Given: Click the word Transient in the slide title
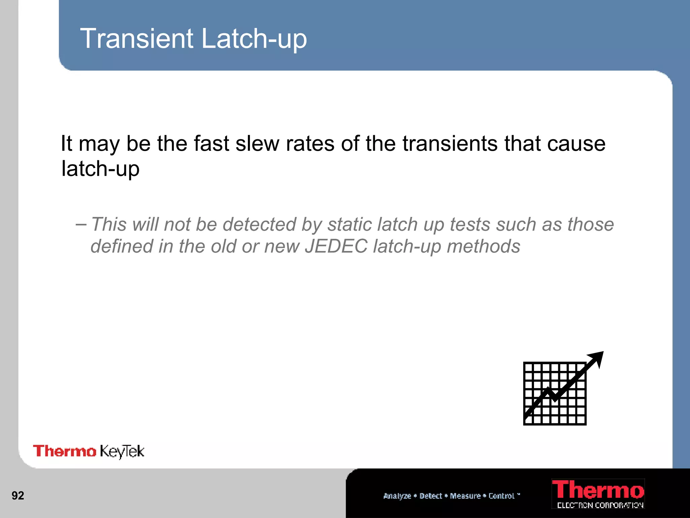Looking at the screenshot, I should point(136,38).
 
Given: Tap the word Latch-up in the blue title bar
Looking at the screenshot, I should point(254,39).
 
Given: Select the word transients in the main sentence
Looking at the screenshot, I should point(450,144).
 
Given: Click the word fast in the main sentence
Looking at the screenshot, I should point(211,144).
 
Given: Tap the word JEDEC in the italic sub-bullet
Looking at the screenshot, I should point(336,246).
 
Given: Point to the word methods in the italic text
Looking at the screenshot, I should point(483,246).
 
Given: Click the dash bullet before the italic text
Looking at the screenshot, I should point(81,224).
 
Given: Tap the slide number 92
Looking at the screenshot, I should point(18,495).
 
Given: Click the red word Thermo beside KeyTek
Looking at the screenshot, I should point(64,451).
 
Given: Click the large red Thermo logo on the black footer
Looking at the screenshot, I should point(598,490).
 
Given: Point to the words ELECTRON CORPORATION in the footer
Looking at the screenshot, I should point(600,505).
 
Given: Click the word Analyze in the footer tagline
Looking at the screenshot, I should point(397,496).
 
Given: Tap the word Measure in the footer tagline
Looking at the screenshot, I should point(465,496).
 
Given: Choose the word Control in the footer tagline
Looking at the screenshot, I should point(501,496).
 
